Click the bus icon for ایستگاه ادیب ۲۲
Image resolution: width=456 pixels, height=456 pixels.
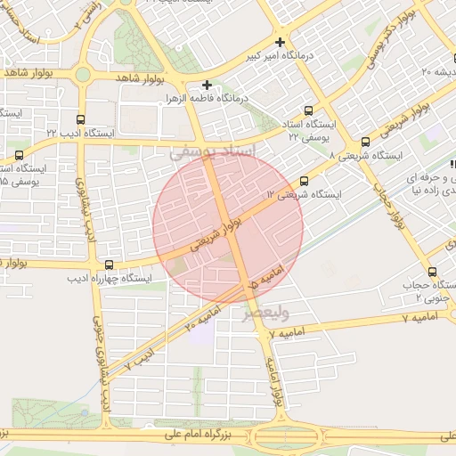pos(82,118)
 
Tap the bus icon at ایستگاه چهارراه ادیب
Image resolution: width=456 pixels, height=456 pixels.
pos(110,265)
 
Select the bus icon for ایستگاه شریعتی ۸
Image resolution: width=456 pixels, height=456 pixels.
pos(365,142)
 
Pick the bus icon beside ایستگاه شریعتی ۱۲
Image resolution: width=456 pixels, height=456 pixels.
pos(305,180)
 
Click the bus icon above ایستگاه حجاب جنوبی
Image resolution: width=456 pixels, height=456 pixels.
pos(433,272)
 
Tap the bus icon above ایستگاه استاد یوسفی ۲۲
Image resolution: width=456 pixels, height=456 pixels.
pos(308,112)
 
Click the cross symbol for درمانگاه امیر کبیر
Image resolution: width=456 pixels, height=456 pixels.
pos(281,42)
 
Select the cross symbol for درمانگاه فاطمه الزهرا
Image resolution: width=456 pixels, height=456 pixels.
pos(208,85)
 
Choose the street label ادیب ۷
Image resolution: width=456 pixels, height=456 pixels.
pos(140,354)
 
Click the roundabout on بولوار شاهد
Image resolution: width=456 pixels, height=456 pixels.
pos(83,75)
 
